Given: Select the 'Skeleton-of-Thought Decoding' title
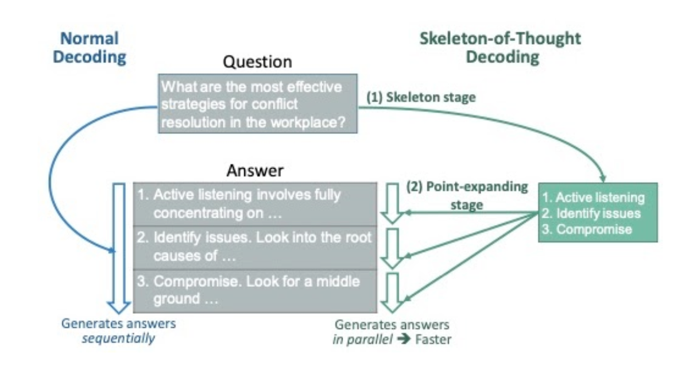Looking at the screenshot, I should [x=500, y=48].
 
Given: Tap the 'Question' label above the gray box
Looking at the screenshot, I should [x=257, y=62].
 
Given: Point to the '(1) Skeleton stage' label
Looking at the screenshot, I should [x=421, y=97].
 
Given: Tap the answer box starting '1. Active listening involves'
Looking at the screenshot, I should [x=254, y=204].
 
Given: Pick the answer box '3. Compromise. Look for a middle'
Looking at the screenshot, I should [x=254, y=290].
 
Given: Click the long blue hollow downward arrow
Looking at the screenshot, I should [x=119, y=247].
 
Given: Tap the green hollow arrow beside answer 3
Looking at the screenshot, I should [x=393, y=293].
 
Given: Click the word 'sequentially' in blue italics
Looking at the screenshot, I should [x=118, y=339].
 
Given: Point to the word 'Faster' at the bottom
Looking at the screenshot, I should [x=433, y=340].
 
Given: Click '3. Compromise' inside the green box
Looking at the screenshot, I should [x=586, y=229].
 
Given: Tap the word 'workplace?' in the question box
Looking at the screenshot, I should [x=320, y=123].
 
